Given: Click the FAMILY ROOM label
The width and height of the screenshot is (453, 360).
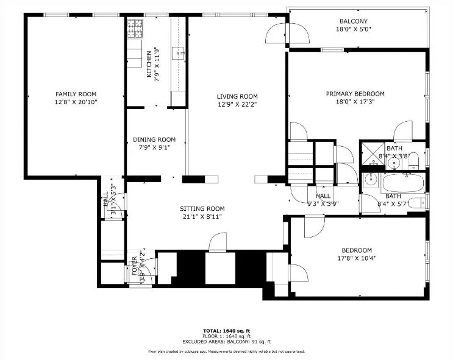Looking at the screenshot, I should (x=76, y=94).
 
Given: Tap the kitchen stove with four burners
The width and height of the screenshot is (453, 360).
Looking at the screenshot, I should (x=135, y=30).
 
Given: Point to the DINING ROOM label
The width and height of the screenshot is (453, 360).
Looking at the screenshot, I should (x=154, y=139).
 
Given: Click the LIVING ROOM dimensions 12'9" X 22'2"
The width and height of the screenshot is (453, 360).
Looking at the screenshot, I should (x=237, y=105).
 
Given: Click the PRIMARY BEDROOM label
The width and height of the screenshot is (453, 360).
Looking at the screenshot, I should (x=355, y=94).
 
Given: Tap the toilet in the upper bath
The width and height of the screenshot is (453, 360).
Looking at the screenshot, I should (x=413, y=160).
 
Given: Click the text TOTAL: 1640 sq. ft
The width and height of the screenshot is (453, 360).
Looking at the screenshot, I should (x=226, y=330).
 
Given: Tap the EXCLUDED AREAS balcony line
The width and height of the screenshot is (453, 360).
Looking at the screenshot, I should (x=226, y=341).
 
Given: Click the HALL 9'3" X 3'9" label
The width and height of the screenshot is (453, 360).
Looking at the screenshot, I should (x=323, y=200).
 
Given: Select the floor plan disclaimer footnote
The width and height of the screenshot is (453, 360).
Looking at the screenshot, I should (x=226, y=351).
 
